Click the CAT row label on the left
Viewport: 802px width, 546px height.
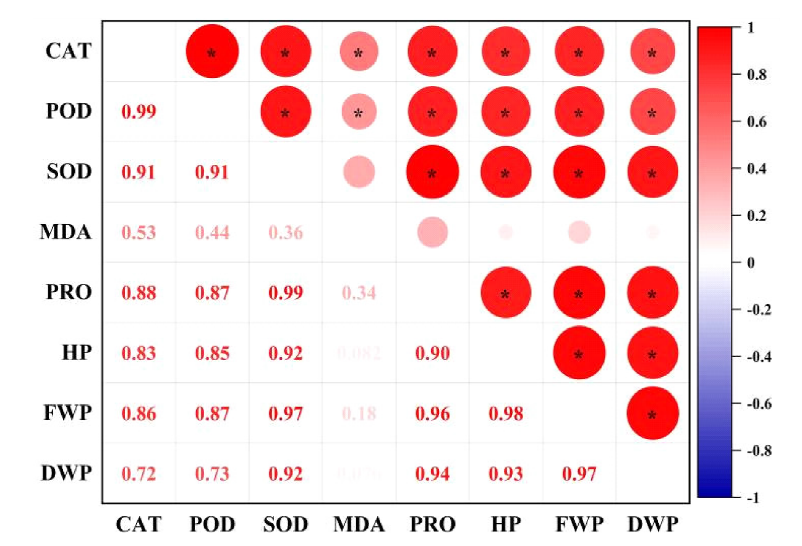click(68, 51)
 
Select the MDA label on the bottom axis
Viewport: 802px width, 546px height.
click(359, 525)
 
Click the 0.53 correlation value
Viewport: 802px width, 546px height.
click(139, 233)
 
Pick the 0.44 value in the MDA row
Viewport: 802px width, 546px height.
click(211, 233)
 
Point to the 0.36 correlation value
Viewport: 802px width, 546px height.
click(285, 233)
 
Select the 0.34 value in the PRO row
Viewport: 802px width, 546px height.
click(359, 293)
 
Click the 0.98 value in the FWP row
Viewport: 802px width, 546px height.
click(505, 414)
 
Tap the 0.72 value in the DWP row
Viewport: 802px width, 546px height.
click(139, 474)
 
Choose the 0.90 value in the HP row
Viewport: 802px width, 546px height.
click(432, 354)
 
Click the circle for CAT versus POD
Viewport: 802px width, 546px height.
click(212, 51)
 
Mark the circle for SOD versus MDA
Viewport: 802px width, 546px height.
click(359, 172)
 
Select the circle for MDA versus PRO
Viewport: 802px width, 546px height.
click(432, 232)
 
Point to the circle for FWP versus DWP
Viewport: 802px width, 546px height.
click(652, 413)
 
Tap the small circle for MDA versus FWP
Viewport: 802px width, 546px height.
click(579, 232)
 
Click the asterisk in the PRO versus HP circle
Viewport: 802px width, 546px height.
click(505, 295)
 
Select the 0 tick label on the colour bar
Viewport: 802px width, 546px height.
click(751, 263)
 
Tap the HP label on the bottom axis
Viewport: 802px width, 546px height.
click(505, 525)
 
